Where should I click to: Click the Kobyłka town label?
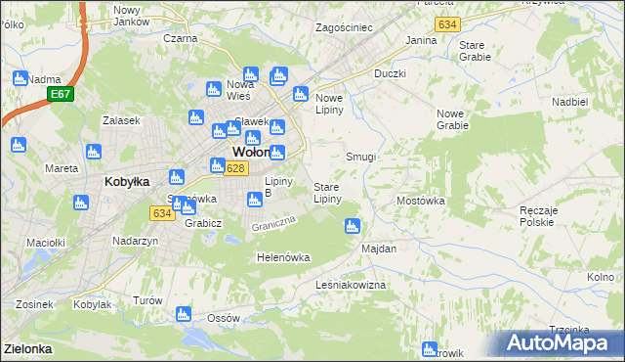pyautogui.click(x=126, y=182)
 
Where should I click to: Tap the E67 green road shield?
pyautogui.click(x=60, y=94)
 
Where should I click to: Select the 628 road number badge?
pyautogui.click(x=234, y=169)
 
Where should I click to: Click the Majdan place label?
pyautogui.click(x=379, y=249)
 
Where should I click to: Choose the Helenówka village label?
pyautogui.click(x=282, y=257)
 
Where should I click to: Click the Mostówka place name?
pyautogui.click(x=421, y=201)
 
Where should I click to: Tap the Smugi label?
pyautogui.click(x=361, y=157)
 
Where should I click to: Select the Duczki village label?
pyautogui.click(x=390, y=73)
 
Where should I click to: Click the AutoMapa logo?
pyautogui.click(x=563, y=343)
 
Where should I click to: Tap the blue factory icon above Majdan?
pyautogui.click(x=352, y=227)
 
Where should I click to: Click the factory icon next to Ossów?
pyautogui.click(x=183, y=314)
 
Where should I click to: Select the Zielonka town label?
pyautogui.click(x=27, y=348)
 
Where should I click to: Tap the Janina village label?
pyautogui.click(x=421, y=41)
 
